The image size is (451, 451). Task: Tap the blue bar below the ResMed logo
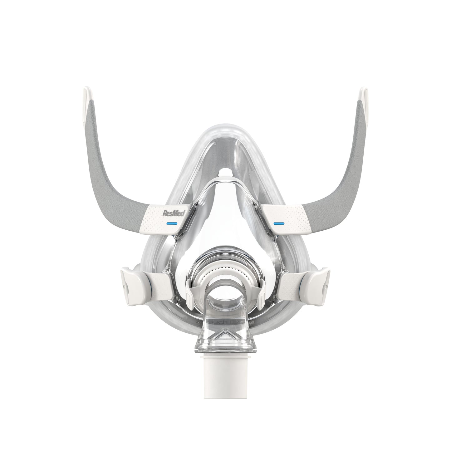172,223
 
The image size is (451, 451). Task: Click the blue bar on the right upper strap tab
279,223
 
